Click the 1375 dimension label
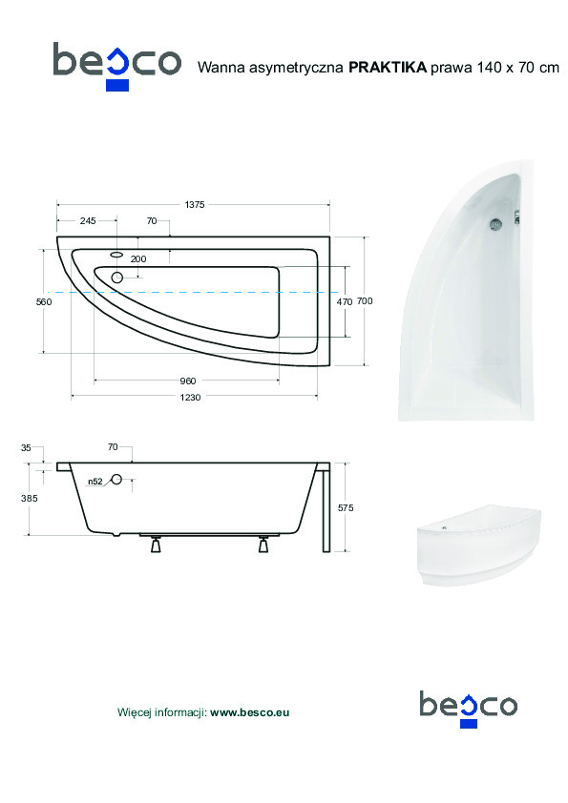195,205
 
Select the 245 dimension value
88,220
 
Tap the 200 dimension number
137,259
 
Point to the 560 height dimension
44,301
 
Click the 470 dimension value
344,302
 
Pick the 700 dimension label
365,301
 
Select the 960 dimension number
188,381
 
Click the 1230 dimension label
190,397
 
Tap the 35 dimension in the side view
26,447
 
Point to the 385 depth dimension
30,498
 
